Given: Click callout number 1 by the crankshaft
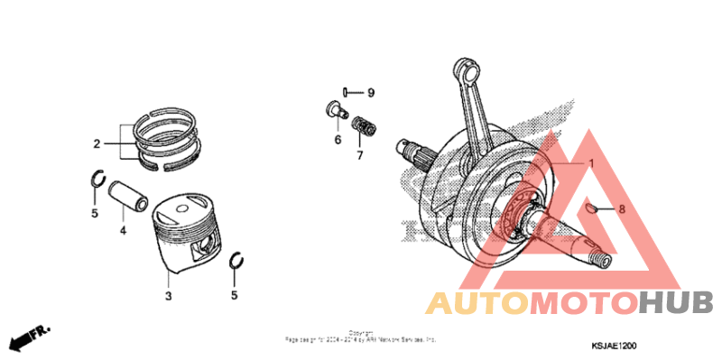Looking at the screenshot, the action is coord(591,163).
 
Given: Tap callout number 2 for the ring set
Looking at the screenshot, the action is coord(96,143).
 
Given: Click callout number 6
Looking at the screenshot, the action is coord(338,140).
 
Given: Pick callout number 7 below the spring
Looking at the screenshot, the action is coord(358,155).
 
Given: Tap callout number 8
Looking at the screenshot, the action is coord(622,208).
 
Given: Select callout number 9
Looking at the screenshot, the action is coord(370,93).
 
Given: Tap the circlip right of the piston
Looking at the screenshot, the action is coord(239,262).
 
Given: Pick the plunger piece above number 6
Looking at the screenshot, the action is coord(337,112).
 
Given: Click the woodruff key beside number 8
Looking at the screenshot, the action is coord(588,207).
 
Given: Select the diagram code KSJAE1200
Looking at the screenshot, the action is coord(616,344).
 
